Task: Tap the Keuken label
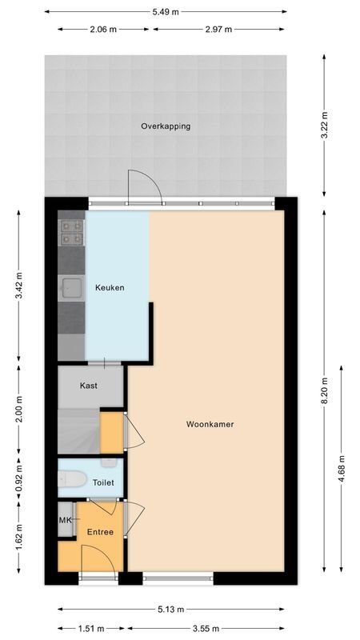(110, 288)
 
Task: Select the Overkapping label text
(166, 126)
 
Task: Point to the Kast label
(89, 386)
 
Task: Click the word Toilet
(103, 483)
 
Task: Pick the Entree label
(101, 532)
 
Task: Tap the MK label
(65, 520)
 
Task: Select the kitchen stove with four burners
(70, 231)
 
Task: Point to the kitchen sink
(71, 286)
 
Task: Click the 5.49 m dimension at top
(166, 11)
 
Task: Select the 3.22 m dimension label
(324, 126)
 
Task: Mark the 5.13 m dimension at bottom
(168, 610)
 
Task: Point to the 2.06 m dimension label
(103, 30)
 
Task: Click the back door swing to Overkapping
(145, 186)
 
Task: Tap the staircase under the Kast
(78, 432)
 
